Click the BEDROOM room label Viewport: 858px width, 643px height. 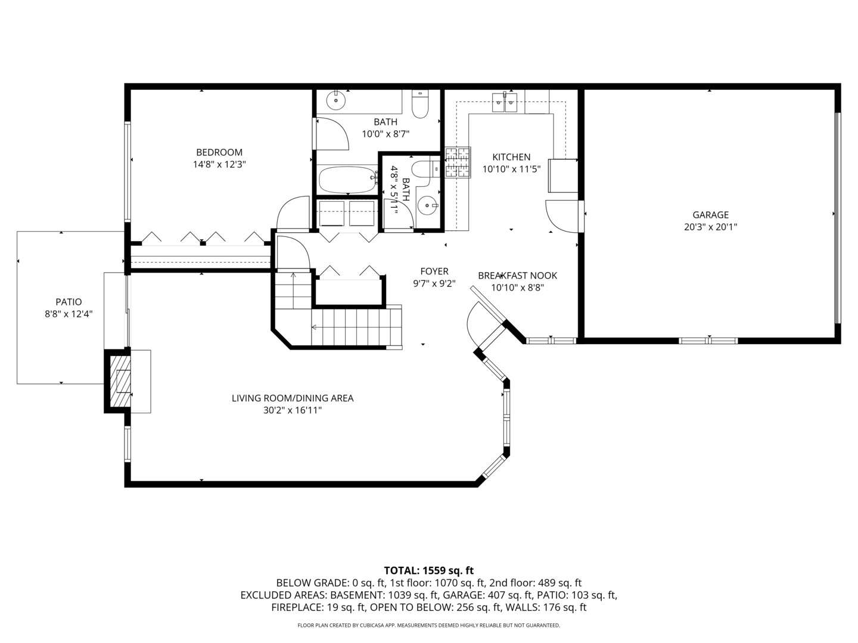(x=219, y=152)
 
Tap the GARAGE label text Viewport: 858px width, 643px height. (x=710, y=215)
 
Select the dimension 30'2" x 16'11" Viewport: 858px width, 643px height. (x=293, y=410)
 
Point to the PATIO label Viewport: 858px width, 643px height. (x=69, y=302)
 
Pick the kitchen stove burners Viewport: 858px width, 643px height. (x=458, y=163)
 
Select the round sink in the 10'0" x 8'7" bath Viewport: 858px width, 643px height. (x=336, y=101)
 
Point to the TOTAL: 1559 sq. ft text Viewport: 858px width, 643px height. (x=429, y=571)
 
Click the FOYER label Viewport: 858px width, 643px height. (x=434, y=271)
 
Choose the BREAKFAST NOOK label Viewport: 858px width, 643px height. (x=518, y=276)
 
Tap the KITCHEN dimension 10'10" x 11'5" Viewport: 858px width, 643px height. (x=511, y=169)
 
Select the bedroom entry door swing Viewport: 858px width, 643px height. (x=293, y=213)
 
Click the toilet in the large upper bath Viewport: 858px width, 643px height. (x=420, y=104)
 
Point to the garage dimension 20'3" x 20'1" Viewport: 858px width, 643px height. (x=710, y=227)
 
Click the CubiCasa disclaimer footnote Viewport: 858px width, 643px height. (x=429, y=625)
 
